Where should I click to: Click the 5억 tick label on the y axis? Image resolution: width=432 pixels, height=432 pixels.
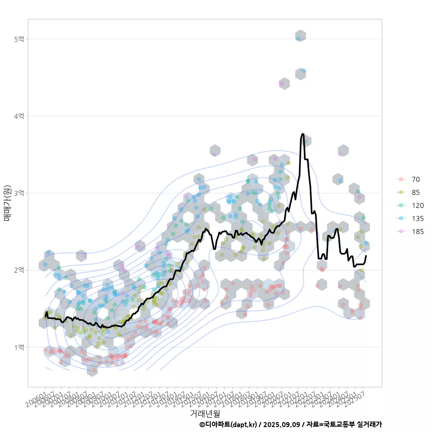pos(19,39)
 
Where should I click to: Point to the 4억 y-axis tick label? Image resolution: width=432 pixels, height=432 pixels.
pos(19,116)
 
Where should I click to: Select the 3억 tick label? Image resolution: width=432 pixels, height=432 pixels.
pos(19,193)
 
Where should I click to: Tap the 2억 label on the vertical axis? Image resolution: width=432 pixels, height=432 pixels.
pos(19,270)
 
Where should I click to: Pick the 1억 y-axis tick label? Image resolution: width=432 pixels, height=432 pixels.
pos(19,347)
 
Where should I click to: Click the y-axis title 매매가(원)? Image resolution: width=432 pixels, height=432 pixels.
pos(7,202)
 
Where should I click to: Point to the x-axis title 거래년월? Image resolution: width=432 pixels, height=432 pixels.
pos(205,413)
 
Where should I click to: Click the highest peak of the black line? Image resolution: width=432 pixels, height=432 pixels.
pos(302,134)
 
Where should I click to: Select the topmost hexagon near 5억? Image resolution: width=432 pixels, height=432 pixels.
pos(301,36)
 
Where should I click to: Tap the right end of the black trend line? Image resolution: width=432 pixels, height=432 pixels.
pos(366,256)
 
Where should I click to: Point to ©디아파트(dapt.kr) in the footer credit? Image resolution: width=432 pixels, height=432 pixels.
pos(229,424)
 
